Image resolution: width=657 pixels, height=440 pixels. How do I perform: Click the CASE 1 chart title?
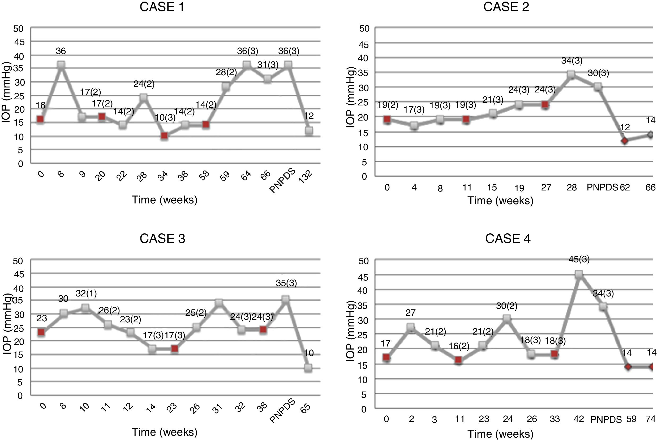tap(162, 7)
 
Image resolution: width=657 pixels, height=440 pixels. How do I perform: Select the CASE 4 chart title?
tap(508, 238)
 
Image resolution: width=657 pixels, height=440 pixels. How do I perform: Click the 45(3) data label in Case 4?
tap(579, 259)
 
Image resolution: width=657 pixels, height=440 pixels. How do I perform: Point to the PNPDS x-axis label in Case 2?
tap(602, 187)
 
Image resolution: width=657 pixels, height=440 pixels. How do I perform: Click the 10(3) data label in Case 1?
tap(165, 117)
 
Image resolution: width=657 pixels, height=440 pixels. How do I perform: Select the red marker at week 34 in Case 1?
tap(165, 136)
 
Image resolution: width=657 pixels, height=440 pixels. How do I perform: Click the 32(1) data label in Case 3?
tap(86, 294)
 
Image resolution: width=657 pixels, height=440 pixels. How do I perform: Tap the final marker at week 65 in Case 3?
tap(308, 368)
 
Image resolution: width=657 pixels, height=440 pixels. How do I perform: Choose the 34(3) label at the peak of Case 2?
tap(572, 61)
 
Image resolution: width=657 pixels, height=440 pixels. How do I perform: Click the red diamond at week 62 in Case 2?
tap(625, 141)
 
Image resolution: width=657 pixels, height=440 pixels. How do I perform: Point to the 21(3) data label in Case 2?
tap(492, 100)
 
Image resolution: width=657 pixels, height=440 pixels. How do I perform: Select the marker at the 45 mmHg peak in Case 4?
tap(579, 274)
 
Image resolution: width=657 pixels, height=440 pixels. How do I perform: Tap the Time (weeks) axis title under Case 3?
tap(165, 432)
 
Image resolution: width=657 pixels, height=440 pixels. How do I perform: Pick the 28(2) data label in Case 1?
tap(226, 72)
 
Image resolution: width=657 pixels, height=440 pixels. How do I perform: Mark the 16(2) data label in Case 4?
tap(459, 346)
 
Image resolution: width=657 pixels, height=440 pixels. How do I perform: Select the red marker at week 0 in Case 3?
tap(41, 332)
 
